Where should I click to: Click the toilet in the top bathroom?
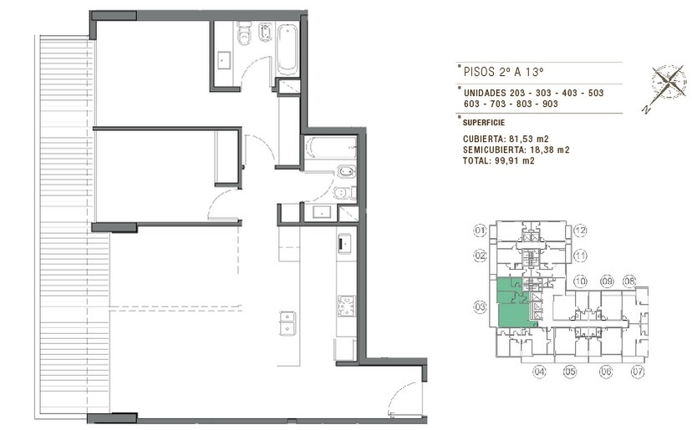pyautogui.click(x=243, y=33)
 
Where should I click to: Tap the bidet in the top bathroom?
pyautogui.click(x=265, y=33)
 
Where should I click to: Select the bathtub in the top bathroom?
pyautogui.click(x=287, y=49)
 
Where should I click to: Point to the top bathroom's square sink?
pyautogui.click(x=224, y=60)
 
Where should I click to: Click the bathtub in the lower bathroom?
pyautogui.click(x=330, y=148)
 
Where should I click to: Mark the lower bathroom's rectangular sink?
pyautogui.click(x=321, y=213)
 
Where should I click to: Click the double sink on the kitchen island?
pyautogui.click(x=287, y=323)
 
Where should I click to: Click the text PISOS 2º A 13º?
pyautogui.click(x=503, y=72)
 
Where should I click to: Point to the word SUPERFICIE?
pyautogui.click(x=484, y=123)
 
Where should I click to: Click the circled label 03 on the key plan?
pyautogui.click(x=481, y=307)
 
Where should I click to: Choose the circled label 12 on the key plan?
pyautogui.click(x=580, y=230)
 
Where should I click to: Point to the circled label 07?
pyautogui.click(x=638, y=372)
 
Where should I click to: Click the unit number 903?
pyautogui.click(x=550, y=104)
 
